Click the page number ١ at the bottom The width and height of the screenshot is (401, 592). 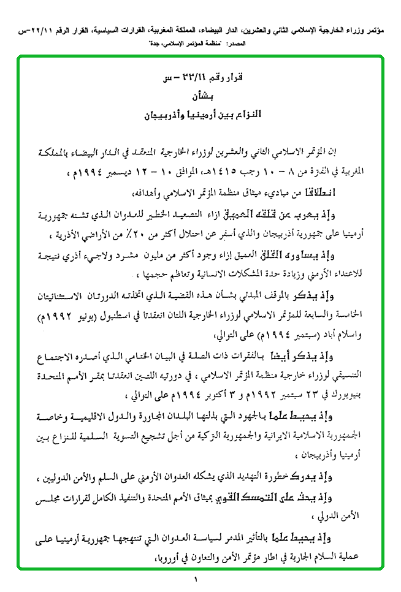pyautogui.click(x=196, y=580)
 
